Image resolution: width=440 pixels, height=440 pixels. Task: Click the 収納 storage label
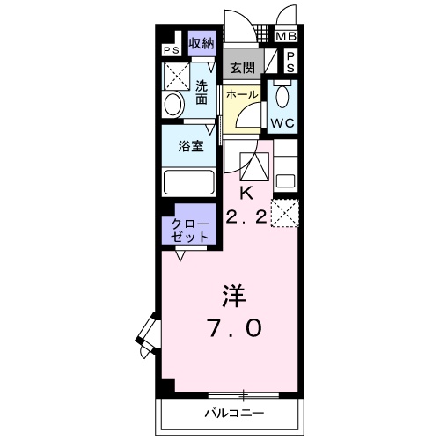tap(202, 43)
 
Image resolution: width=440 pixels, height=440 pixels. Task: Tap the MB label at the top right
tap(287, 37)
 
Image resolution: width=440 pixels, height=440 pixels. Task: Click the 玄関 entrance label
tap(242, 67)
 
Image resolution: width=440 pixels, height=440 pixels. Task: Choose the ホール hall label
tap(241, 94)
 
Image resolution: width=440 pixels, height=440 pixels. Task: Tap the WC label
tap(282, 122)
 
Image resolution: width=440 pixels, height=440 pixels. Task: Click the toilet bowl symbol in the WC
tap(283, 94)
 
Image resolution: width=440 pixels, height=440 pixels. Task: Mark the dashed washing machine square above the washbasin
tap(178, 76)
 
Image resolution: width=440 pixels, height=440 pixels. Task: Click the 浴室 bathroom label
tap(192, 147)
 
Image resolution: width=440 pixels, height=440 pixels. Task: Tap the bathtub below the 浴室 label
tap(188, 182)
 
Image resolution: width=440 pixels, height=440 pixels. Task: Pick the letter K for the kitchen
tap(246, 193)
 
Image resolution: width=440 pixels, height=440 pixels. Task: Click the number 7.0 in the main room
tap(232, 326)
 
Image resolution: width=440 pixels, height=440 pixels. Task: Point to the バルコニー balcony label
tap(234, 412)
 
